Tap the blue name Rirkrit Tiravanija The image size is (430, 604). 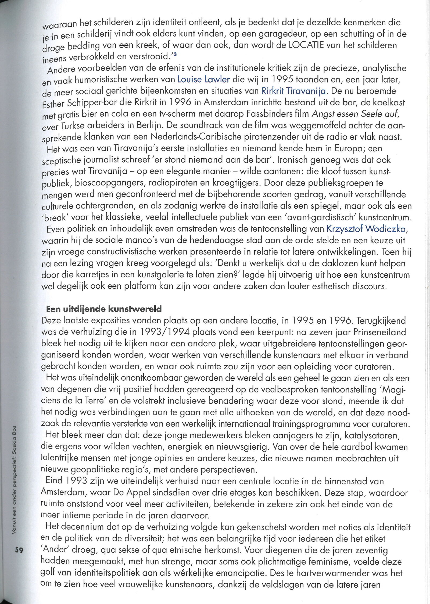pos(294,91)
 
